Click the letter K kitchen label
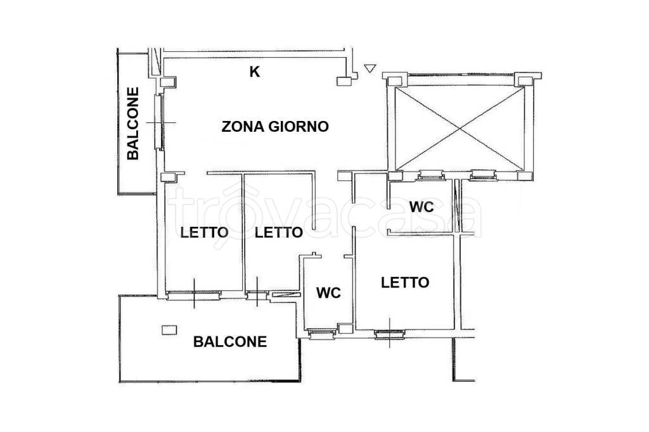pyautogui.click(x=255, y=72)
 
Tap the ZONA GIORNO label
pyautogui.click(x=275, y=126)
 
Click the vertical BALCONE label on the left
pyautogui.click(x=133, y=124)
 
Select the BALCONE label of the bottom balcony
pyautogui.click(x=230, y=341)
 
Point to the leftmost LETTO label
pyautogui.click(x=205, y=232)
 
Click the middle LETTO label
pyautogui.click(x=279, y=232)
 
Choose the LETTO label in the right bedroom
pyautogui.click(x=405, y=283)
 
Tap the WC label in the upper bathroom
pyautogui.click(x=421, y=206)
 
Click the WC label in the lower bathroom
pyautogui.click(x=329, y=293)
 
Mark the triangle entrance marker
pyautogui.click(x=370, y=68)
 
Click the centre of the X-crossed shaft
pyautogui.click(x=460, y=129)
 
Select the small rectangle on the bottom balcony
pyautogui.click(x=169, y=329)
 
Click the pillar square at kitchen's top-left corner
pyautogui.click(x=168, y=82)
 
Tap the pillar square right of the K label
pyautogui.click(x=344, y=81)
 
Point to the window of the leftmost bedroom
pyautogui.click(x=194, y=294)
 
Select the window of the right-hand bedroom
pyautogui.click(x=390, y=333)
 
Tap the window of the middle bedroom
pyautogui.click(x=257, y=294)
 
